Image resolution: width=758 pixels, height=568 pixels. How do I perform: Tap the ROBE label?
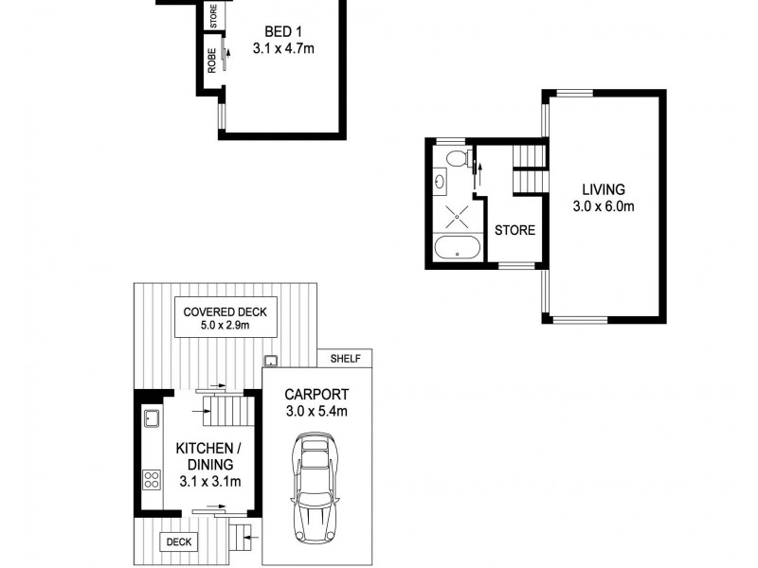[212, 61]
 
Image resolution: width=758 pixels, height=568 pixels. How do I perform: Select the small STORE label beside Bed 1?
[213, 16]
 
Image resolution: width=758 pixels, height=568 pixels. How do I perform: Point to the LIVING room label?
[604, 189]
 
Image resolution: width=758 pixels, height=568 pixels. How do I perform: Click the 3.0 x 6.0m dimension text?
[604, 206]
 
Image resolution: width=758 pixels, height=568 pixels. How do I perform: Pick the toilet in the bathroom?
[456, 157]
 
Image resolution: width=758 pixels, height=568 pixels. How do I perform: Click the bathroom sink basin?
[441, 180]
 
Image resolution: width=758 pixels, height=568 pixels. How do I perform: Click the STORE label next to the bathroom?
[514, 230]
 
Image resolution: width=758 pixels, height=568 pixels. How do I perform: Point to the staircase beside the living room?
[529, 167]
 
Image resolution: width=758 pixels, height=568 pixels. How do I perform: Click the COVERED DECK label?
[226, 311]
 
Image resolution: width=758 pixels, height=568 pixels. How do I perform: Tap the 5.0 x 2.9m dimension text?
[226, 326]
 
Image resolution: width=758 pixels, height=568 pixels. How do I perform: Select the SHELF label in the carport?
[346, 359]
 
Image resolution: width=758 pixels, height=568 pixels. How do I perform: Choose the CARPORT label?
[317, 395]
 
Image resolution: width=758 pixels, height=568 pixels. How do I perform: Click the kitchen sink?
[150, 417]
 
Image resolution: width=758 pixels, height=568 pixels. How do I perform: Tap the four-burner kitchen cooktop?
[151, 479]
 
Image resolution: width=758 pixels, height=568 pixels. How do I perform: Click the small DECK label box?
[178, 541]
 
